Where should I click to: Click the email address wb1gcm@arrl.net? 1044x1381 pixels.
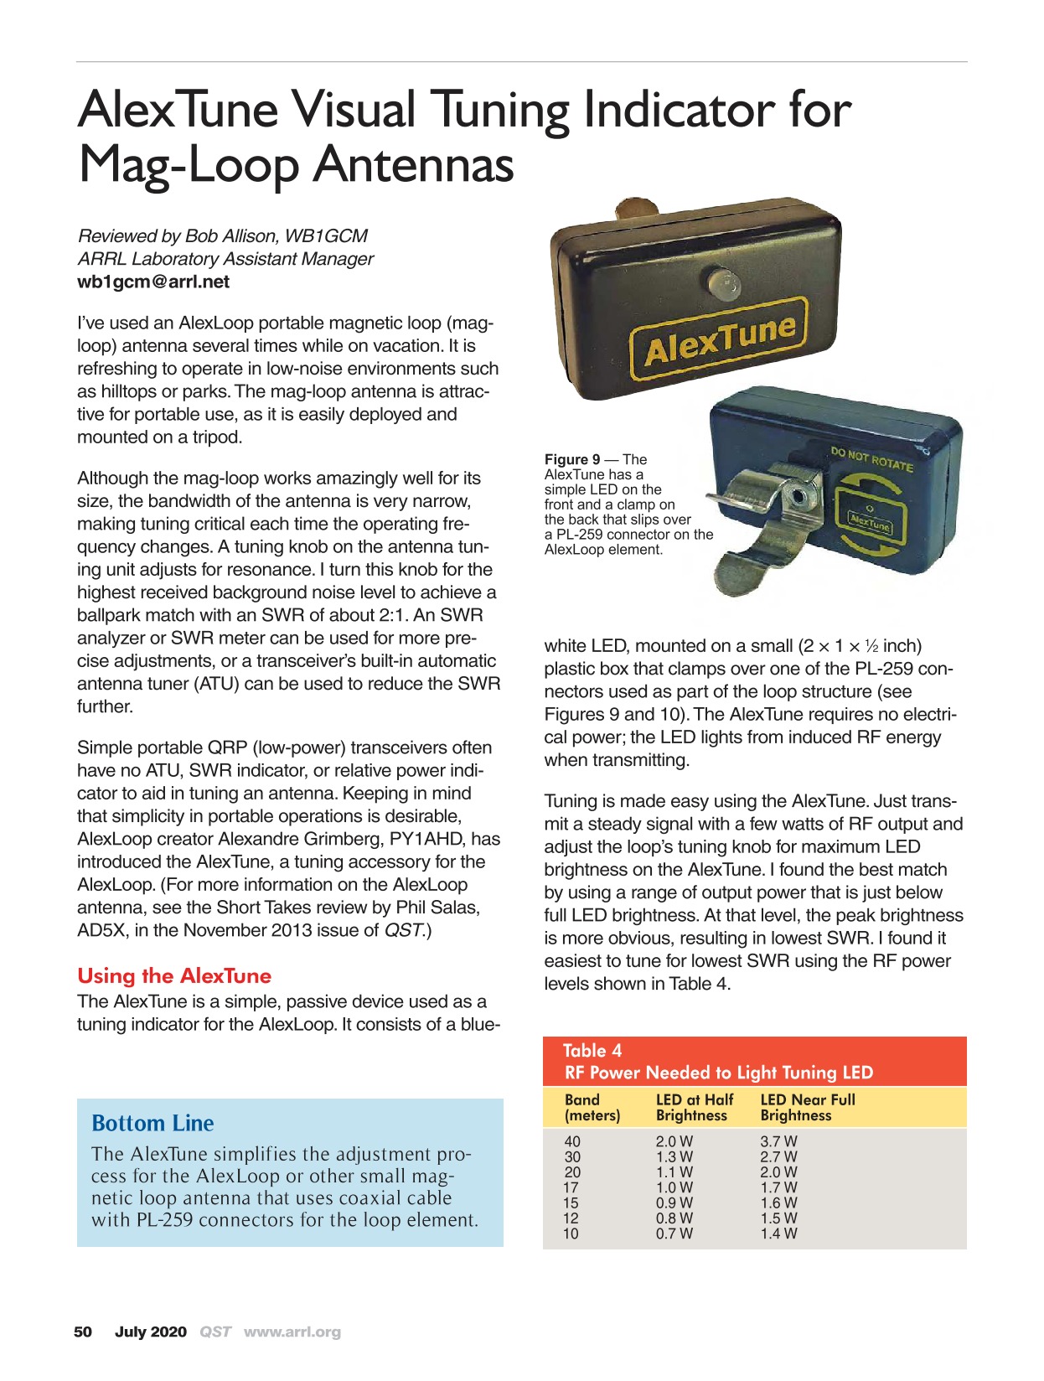coord(153,282)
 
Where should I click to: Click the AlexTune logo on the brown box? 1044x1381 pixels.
coord(718,340)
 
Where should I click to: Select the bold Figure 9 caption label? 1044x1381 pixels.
coord(572,459)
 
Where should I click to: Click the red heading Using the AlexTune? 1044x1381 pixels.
coord(174,975)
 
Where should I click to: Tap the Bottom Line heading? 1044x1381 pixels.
coord(152,1123)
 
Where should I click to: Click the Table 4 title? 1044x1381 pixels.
coord(592,1051)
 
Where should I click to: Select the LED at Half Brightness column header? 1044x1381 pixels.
coord(694,1107)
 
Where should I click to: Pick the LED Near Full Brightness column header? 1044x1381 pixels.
coord(807,1107)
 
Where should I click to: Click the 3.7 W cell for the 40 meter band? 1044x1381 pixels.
coord(778,1141)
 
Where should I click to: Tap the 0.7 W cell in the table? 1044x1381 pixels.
coord(674,1234)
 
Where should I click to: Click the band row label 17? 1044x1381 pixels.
coord(572,1187)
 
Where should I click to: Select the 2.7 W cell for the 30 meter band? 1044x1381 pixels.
coord(778,1156)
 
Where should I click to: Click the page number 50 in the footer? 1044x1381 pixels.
coord(83,1332)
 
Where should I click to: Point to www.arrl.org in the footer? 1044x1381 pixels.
coord(292,1332)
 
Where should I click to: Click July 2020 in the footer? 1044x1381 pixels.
coord(151,1332)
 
